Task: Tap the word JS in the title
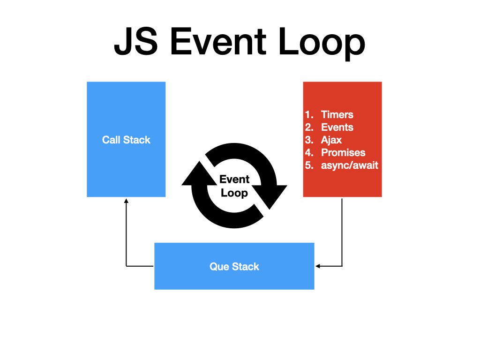pos(136,43)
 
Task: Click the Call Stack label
pos(126,140)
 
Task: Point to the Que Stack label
pos(234,267)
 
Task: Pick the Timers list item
pos(337,115)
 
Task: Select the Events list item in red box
pos(337,127)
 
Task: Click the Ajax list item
pos(331,140)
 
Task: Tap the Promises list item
pos(343,153)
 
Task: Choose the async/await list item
pos(349,165)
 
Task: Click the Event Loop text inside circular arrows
pos(234,186)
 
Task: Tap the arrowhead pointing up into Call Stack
pos(126,200)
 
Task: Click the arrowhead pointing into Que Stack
pos(317,266)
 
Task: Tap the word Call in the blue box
pos(111,140)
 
